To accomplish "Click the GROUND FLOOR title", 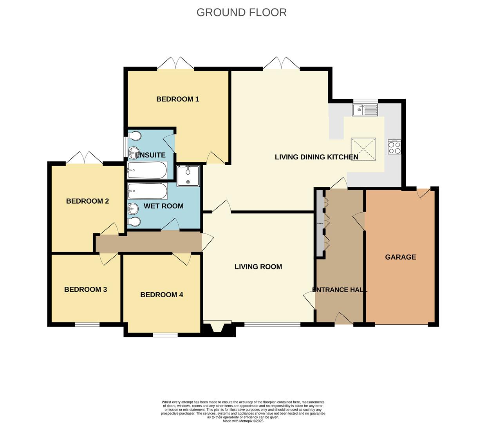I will coord(241,13).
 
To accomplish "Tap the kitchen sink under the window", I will coord(365,110).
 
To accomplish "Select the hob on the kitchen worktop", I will coord(394,147).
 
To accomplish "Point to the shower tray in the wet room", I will coord(188,175).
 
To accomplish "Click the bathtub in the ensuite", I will coord(147,170).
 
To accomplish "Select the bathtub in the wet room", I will coord(147,191).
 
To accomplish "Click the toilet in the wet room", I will coord(134,222).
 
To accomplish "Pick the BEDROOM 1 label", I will coord(177,99).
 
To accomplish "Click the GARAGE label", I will coord(400,257).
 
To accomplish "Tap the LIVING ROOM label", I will coord(258,267).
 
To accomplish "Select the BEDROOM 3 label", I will coord(85,289).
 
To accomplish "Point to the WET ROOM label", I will coord(163,206).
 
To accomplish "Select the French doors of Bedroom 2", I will coord(84,159).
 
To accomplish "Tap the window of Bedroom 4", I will coord(165,335).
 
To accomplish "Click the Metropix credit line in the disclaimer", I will coord(243,421).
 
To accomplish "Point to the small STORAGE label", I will coord(320,223).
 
